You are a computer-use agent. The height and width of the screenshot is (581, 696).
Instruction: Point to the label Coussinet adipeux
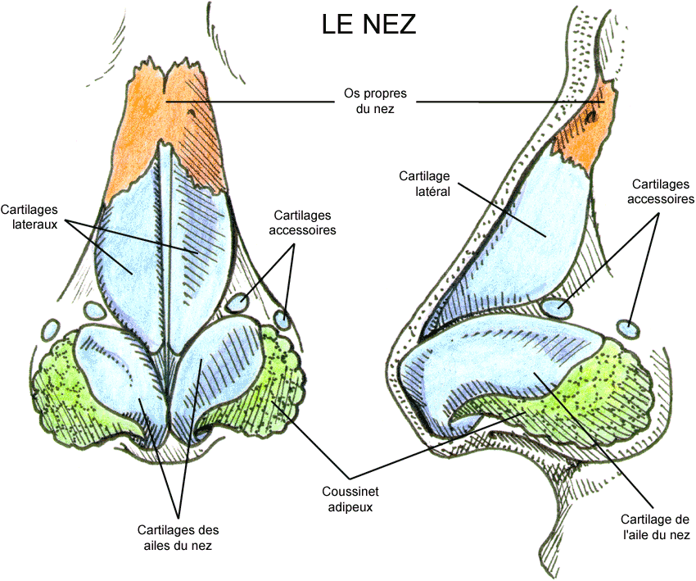click(x=351, y=498)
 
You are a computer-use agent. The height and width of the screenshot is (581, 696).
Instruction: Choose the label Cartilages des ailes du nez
click(x=179, y=536)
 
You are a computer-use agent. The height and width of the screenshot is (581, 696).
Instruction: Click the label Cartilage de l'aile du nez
click(x=655, y=527)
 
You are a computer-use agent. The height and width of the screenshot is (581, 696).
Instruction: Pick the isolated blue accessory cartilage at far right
click(x=629, y=329)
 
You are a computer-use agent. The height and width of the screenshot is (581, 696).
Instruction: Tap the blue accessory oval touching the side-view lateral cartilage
click(x=557, y=308)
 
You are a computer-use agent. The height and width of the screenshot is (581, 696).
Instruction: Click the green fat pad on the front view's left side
click(x=57, y=385)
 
